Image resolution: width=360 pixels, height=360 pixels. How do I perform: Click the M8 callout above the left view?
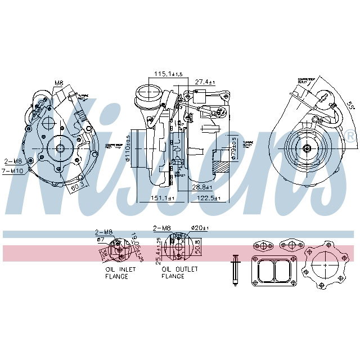coord(59,83)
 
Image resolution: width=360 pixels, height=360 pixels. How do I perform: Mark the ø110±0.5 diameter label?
coord(128,147)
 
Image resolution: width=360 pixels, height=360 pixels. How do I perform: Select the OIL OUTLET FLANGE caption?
coord(179,273)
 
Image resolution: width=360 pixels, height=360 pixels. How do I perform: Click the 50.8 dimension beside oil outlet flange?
coord(197,245)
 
